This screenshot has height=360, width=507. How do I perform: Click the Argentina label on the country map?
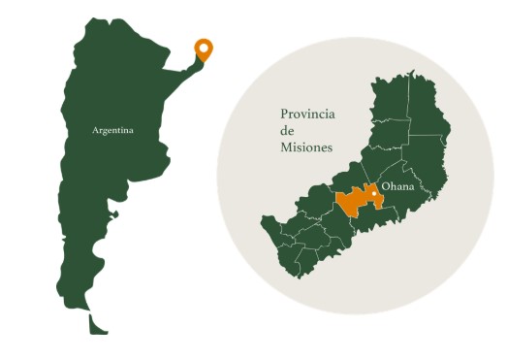point(112,129)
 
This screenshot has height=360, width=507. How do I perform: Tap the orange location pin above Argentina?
point(204,49)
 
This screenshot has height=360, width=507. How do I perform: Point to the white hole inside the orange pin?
point(204,47)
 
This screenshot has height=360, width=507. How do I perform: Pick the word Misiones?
point(305,147)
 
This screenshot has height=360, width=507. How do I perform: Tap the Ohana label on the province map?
point(398,184)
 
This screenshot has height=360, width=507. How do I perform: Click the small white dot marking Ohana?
point(374,194)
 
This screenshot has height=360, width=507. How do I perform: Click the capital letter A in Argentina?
point(95,129)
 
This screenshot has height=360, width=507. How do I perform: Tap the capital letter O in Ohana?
point(384,184)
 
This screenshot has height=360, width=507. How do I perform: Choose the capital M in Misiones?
point(284,147)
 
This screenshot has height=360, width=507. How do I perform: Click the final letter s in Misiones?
point(330,147)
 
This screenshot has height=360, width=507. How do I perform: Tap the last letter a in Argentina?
point(130,129)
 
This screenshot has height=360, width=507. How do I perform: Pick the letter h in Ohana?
point(392,184)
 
